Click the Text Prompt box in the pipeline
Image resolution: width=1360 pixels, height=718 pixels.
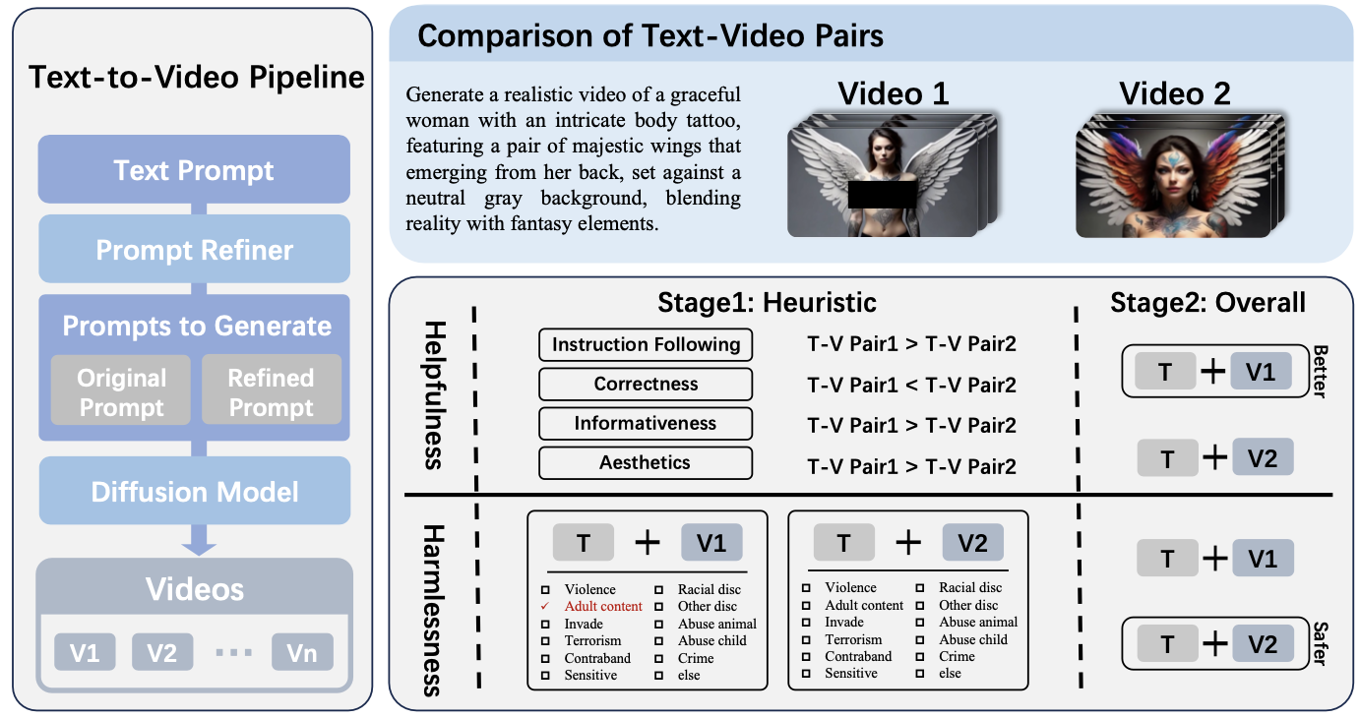tap(194, 170)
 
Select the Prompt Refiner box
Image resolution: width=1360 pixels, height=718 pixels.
tap(194, 250)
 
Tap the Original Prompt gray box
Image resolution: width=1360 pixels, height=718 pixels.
tap(122, 392)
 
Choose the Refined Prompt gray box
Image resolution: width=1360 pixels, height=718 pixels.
tap(271, 392)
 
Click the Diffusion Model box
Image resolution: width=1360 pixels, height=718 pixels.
tap(194, 491)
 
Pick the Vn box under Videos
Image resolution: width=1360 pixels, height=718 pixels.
tap(302, 652)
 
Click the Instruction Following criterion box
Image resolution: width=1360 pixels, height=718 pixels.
tap(646, 344)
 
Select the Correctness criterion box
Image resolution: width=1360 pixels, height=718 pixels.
tap(646, 385)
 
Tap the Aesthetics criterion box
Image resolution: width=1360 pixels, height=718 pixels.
tap(646, 462)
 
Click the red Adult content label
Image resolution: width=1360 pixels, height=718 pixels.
tap(603, 606)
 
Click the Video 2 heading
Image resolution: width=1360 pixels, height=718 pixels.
tap(1174, 93)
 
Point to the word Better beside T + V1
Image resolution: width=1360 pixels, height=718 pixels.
tap(1320, 371)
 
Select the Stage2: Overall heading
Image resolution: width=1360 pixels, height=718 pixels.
tap(1207, 302)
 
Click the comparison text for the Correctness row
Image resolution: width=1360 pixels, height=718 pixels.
tap(911, 385)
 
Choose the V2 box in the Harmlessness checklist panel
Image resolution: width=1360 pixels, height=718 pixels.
tap(972, 543)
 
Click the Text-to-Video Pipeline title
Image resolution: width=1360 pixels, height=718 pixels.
tap(197, 78)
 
